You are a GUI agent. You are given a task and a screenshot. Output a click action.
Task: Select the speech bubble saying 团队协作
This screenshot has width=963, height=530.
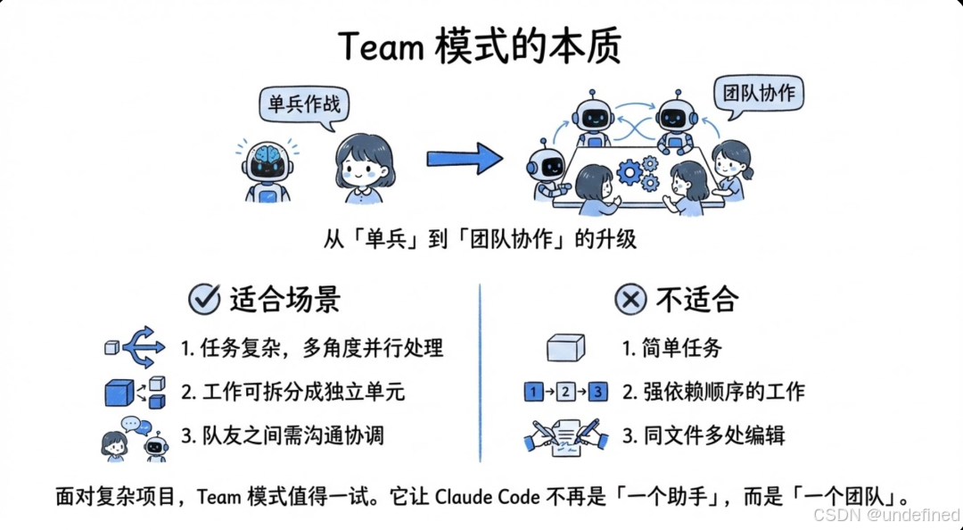point(759,94)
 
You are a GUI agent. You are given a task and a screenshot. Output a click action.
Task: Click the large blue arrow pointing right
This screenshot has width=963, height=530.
point(464,159)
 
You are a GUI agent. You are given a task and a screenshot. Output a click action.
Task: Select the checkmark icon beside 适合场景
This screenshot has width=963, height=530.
point(204,299)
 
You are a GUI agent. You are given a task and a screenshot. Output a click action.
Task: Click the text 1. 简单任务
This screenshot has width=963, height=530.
point(671,348)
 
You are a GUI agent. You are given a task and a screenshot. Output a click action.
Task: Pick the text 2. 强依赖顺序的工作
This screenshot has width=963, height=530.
point(713,392)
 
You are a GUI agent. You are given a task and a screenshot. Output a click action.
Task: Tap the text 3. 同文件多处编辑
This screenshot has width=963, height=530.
point(704,435)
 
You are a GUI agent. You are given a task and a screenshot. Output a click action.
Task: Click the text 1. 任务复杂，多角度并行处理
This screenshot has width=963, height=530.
point(311,348)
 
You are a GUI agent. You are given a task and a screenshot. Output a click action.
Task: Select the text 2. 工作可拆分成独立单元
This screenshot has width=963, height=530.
point(299,392)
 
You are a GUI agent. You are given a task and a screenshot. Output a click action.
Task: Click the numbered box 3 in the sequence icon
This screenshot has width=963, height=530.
point(598,392)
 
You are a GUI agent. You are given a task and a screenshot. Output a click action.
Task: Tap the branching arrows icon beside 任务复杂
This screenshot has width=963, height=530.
point(143,347)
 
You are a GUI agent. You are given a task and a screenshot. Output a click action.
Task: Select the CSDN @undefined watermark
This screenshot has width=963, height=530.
point(886,515)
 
